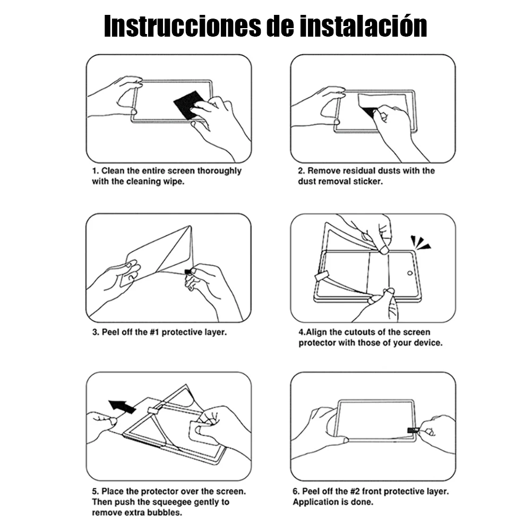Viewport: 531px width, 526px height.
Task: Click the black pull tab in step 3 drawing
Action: point(187,272)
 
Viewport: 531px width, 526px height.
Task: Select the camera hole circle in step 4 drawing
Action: point(409,273)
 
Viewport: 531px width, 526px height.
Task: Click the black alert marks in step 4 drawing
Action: point(420,242)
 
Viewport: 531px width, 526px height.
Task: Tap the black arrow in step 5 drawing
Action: point(122,406)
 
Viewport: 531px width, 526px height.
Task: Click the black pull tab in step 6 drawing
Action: point(413,430)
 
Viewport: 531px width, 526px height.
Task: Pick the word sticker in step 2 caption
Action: point(368,182)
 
